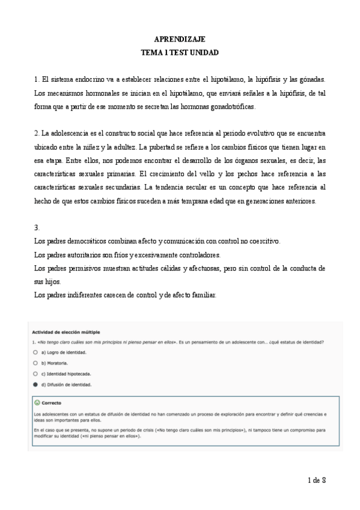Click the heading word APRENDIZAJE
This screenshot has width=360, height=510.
[180, 38]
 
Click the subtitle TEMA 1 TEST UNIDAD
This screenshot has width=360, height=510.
[180, 52]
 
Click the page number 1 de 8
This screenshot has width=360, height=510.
[316, 480]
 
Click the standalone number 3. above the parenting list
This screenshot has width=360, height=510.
[37, 228]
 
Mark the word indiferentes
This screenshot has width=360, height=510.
[82, 295]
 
